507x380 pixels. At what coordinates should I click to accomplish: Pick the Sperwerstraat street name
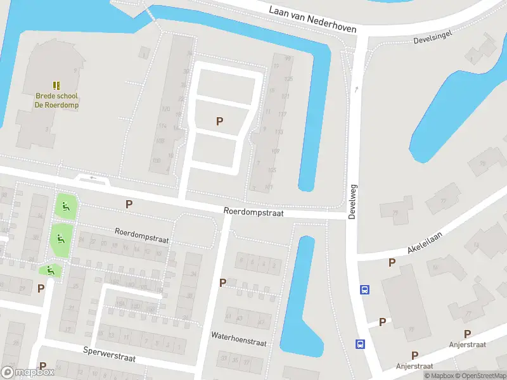pos(109,353)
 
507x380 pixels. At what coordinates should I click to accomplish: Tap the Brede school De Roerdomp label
pos(57,101)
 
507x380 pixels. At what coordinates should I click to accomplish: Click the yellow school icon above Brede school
pos(56,85)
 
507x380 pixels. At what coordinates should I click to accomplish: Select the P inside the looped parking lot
pos(220,121)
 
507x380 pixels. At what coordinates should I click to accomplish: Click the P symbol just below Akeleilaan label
pos(392,262)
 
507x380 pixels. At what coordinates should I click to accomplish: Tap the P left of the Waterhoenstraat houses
pos(222,282)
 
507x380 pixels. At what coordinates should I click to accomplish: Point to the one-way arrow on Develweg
pos(356,89)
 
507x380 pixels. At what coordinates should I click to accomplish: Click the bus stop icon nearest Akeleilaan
pos(364,289)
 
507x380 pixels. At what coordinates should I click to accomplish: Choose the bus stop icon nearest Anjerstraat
pos(360,344)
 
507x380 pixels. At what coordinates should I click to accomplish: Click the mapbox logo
pos(28,372)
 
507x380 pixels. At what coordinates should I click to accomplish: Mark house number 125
pos(289,79)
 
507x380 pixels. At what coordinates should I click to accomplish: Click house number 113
pos(279,132)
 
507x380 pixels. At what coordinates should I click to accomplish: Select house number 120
pos(165,109)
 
